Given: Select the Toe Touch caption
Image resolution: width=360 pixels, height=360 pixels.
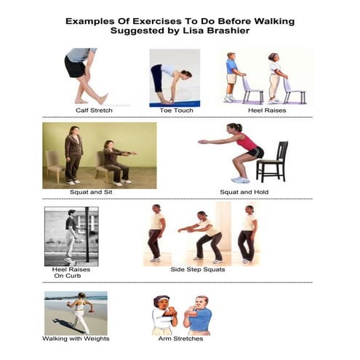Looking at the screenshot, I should [x=175, y=111].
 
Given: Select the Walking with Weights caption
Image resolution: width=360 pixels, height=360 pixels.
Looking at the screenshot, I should [x=76, y=338].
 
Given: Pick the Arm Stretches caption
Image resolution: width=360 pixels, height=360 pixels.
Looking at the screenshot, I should [x=180, y=338].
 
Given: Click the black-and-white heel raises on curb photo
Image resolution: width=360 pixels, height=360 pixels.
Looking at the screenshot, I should [x=71, y=235].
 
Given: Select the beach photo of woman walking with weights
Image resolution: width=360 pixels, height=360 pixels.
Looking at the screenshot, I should [x=76, y=313].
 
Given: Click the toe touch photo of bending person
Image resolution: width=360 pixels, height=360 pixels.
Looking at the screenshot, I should [x=175, y=77].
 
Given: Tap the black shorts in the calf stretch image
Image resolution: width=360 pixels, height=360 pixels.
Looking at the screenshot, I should [x=76, y=68].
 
